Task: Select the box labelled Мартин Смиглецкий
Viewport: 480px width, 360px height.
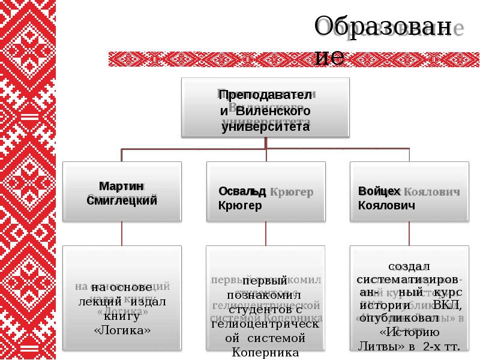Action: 122,192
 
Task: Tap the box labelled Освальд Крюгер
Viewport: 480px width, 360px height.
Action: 265,192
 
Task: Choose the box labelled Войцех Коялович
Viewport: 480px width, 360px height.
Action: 409,192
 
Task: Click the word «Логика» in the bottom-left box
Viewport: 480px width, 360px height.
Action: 122,330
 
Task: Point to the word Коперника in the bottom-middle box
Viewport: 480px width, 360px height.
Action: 265,352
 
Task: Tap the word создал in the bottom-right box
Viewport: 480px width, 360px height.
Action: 409,266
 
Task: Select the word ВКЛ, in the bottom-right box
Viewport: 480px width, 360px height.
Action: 447,306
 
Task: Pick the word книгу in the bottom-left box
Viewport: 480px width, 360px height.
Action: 122,316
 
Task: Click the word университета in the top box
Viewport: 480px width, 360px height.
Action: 265,127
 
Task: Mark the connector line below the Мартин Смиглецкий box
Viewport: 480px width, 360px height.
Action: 122,233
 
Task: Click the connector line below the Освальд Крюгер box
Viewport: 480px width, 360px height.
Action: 265,233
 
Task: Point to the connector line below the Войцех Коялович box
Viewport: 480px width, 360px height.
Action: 409,233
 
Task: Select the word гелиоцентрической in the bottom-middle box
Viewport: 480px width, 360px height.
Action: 265,325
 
